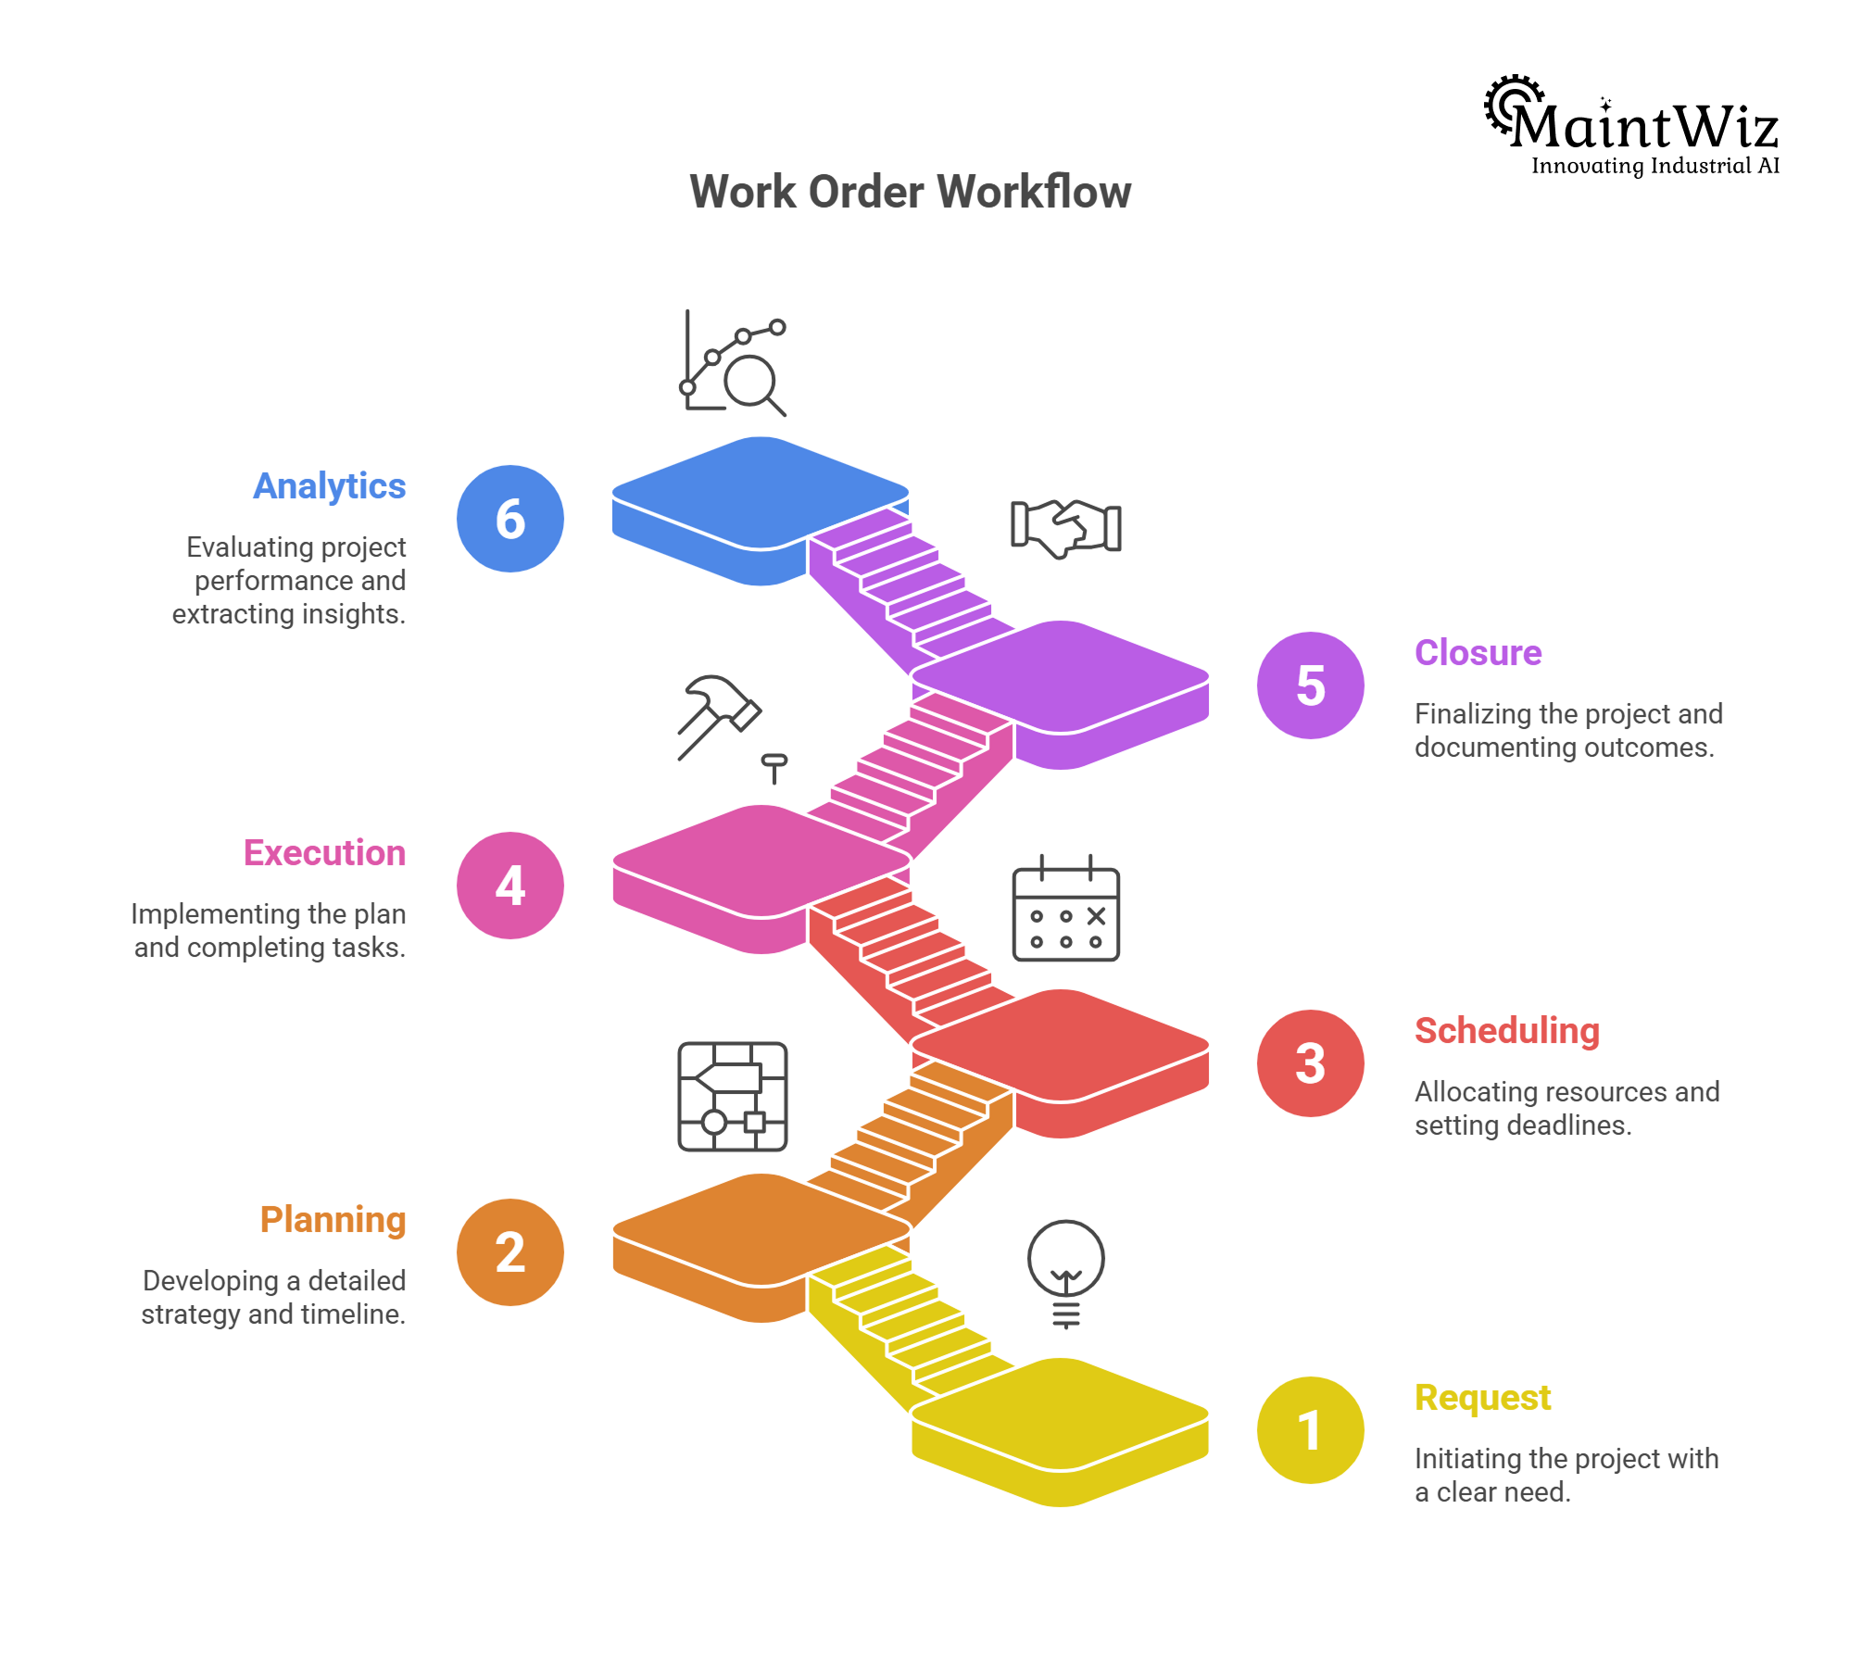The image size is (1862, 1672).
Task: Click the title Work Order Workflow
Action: [x=910, y=192]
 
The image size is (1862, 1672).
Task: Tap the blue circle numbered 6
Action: [x=510, y=519]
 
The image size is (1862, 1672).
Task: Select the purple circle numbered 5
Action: [x=1310, y=685]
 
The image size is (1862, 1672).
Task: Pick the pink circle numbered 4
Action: [x=510, y=886]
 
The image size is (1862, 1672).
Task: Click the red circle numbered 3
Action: [x=1310, y=1063]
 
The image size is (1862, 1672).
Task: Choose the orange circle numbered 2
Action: [x=510, y=1252]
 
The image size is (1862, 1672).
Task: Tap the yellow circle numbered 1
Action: [x=1310, y=1430]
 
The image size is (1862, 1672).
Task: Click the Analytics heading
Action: [x=330, y=486]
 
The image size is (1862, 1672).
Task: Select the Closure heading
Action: [x=1478, y=653]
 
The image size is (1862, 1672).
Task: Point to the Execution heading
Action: [x=324, y=853]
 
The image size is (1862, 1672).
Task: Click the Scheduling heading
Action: [x=1507, y=1031]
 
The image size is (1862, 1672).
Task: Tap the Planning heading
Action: [x=333, y=1220]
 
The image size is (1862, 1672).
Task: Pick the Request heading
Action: [x=1482, y=1398]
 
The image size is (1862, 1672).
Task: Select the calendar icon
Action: [x=1065, y=910]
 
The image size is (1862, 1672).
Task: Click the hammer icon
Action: [x=718, y=716]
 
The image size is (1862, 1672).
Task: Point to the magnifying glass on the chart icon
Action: [x=752, y=382]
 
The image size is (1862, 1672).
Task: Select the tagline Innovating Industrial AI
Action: [x=1654, y=167]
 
